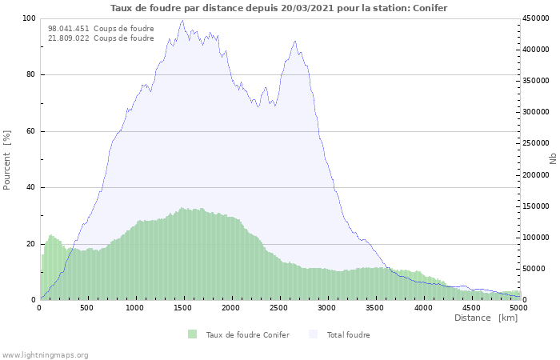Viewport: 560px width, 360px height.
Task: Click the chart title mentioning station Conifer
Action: coord(278,8)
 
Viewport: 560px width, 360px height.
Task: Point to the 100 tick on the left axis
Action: coord(30,18)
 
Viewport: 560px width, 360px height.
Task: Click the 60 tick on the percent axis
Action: coord(31,131)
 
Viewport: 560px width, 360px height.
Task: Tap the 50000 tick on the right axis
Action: coord(534,269)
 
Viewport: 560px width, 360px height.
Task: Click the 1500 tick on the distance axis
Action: coord(183,308)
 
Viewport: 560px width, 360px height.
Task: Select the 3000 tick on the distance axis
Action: coord(326,308)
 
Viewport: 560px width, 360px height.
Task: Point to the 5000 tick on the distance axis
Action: coord(518,308)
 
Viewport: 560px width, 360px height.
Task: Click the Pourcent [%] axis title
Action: coord(7,160)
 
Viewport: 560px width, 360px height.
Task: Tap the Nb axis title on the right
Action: coord(553,158)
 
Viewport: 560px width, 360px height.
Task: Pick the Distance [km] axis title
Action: coord(486,318)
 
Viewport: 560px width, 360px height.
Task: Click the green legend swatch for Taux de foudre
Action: coord(193,334)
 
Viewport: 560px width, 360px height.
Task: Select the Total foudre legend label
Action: coord(348,335)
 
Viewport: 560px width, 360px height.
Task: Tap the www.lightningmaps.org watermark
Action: coord(44,355)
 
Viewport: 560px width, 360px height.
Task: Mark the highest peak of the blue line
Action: coord(182,21)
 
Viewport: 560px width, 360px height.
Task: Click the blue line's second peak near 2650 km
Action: coord(295,41)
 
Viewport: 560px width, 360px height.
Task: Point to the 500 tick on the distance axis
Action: coord(86,308)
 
